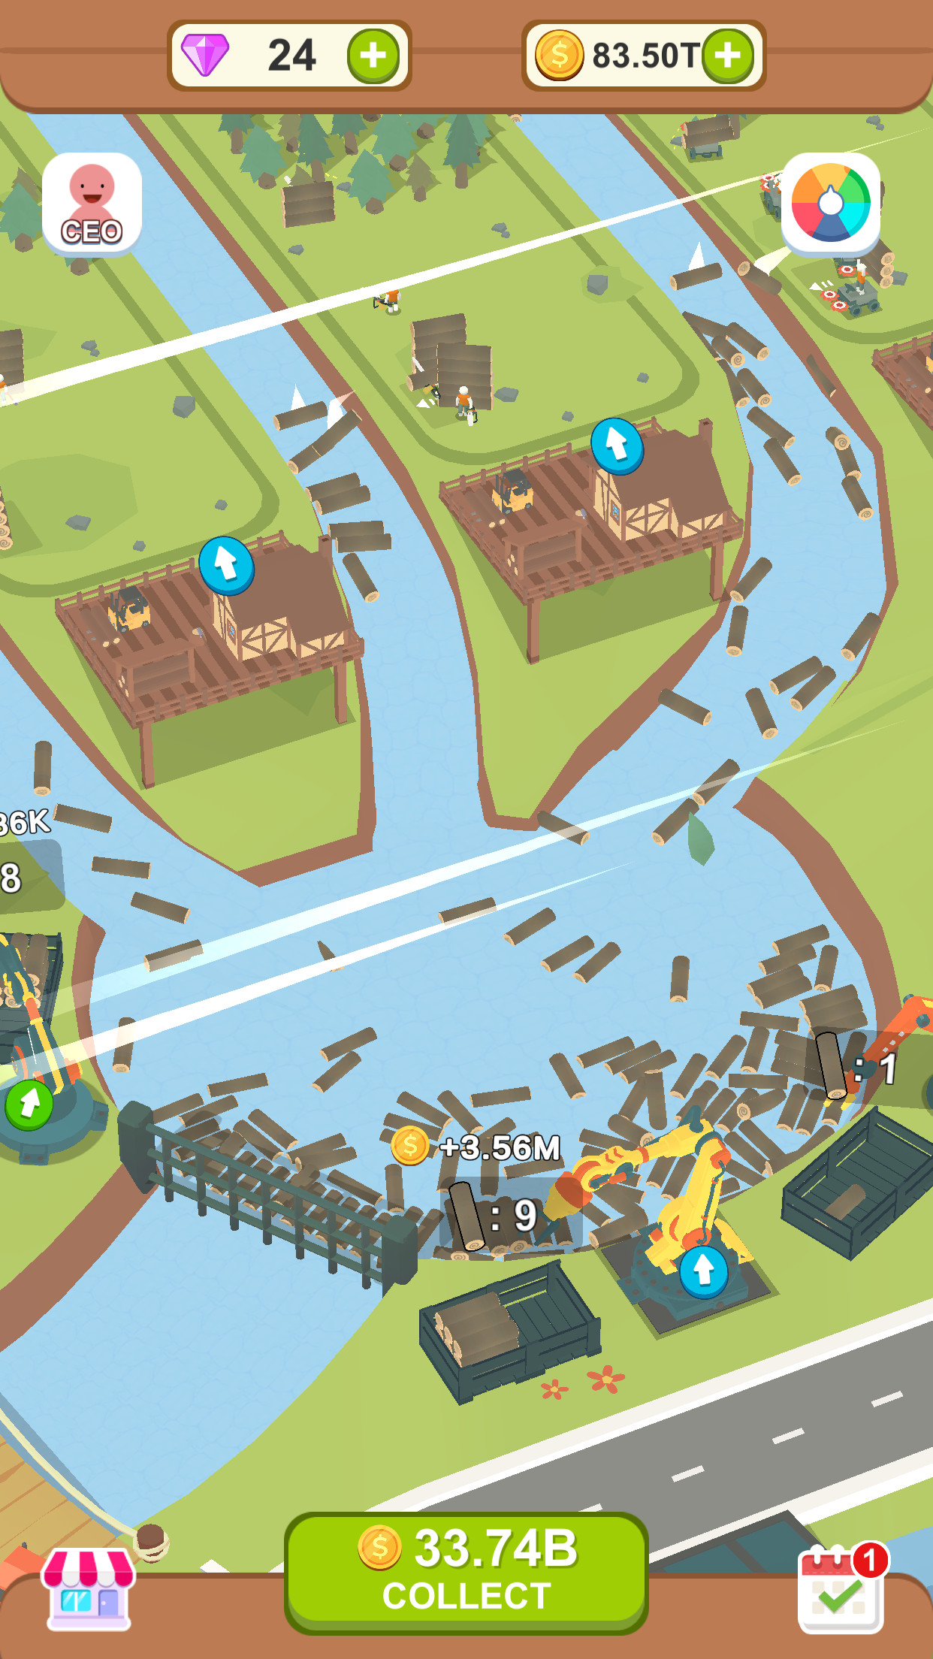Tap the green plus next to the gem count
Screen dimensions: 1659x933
(373, 56)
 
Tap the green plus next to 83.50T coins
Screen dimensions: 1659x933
(727, 56)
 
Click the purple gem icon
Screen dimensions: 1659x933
(205, 55)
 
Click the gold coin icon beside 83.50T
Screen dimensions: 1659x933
(559, 56)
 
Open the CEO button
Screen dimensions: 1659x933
(92, 202)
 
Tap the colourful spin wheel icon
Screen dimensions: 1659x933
(830, 202)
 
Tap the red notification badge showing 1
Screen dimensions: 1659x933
(871, 1561)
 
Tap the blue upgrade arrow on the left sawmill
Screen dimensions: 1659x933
(226, 565)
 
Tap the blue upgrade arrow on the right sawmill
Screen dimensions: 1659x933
(617, 446)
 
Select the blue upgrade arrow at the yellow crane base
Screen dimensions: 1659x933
(703, 1271)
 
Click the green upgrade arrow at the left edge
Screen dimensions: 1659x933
(29, 1104)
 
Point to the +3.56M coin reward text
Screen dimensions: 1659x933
(499, 1147)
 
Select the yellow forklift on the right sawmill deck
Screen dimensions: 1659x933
(512, 491)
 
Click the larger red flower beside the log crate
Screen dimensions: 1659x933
(605, 1379)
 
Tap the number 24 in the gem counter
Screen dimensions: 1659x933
(291, 56)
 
